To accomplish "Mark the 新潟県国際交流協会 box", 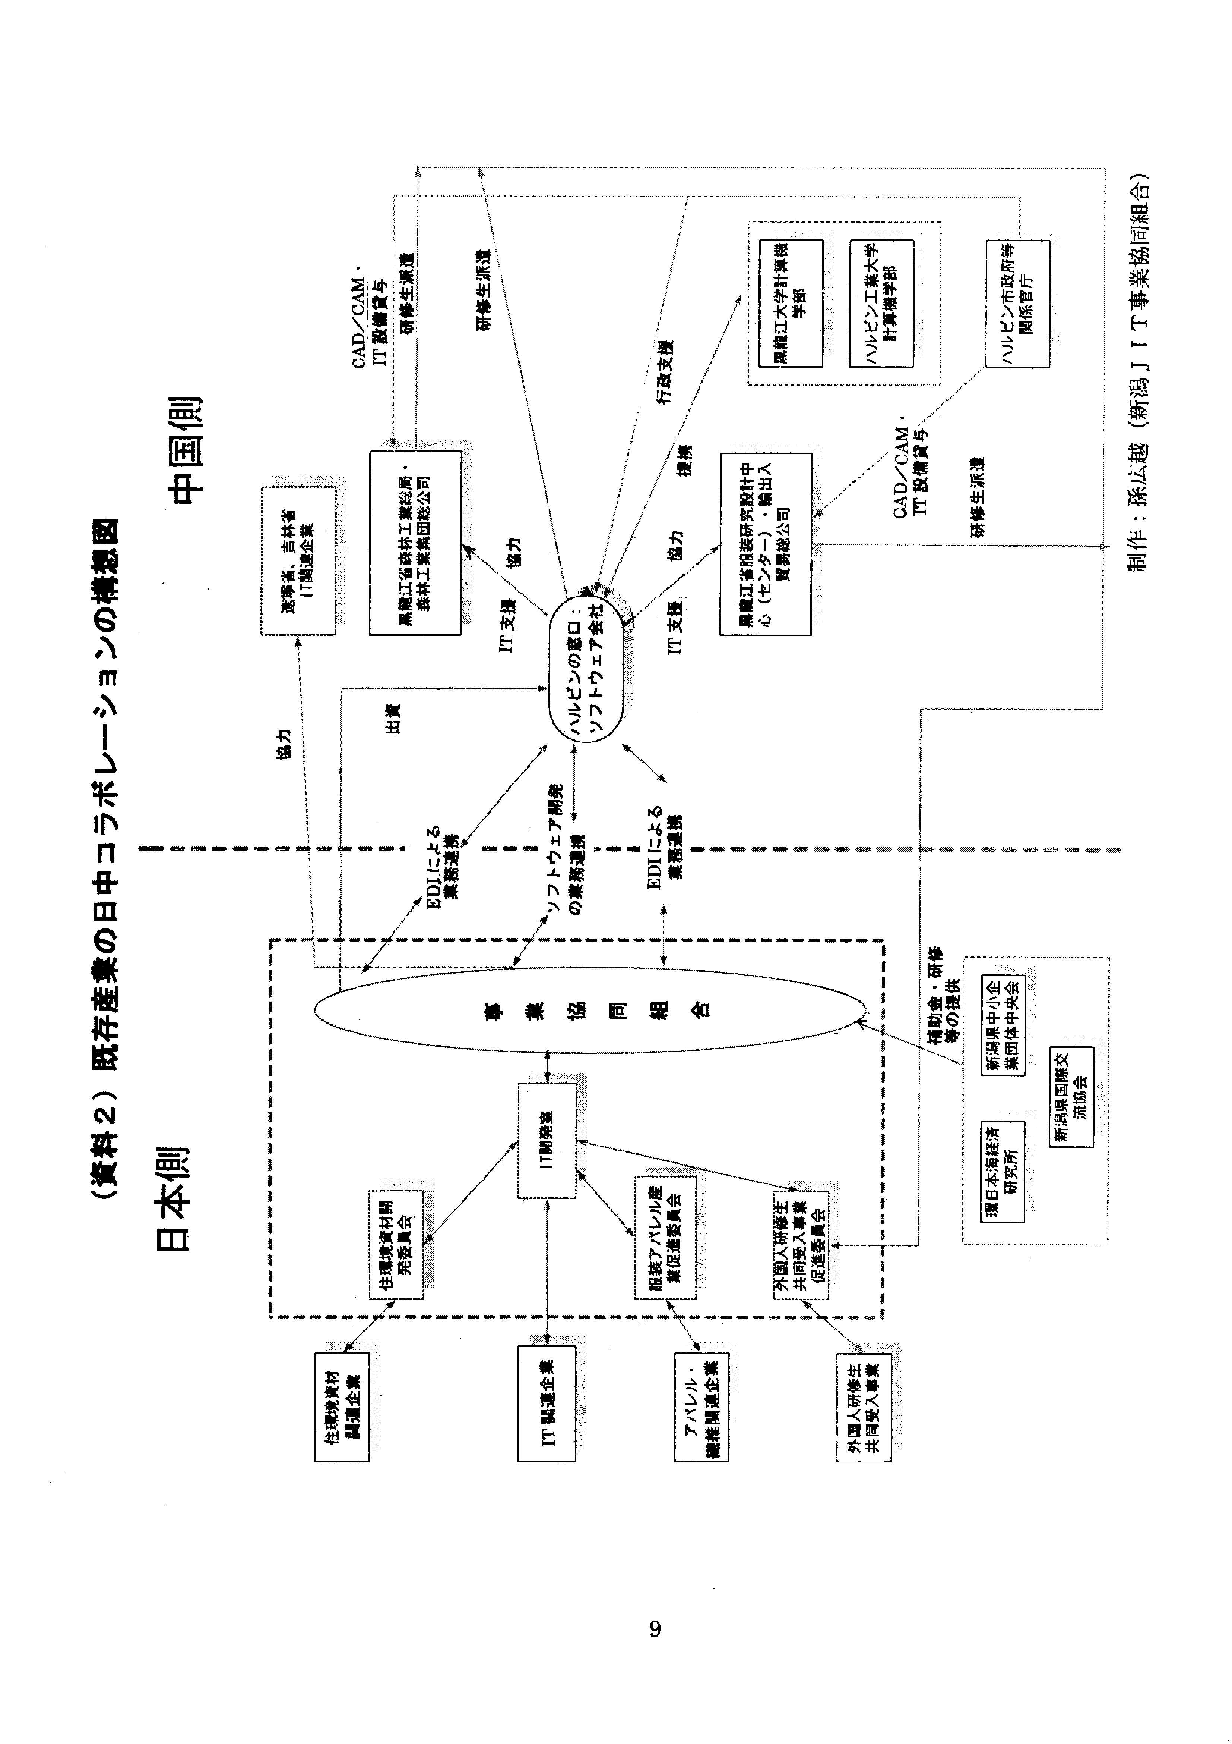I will coord(1071,1097).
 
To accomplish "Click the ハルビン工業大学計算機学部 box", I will coord(881,304).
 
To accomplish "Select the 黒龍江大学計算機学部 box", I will coord(791,304).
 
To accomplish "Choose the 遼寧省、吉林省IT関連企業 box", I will coord(298,560).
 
